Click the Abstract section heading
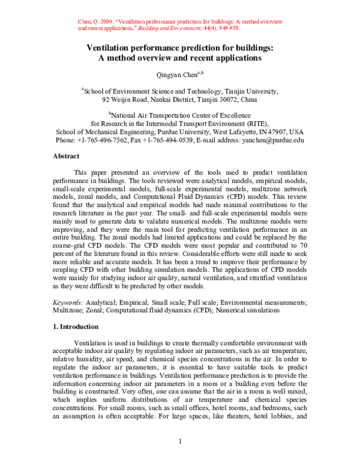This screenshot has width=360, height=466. (66, 156)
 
